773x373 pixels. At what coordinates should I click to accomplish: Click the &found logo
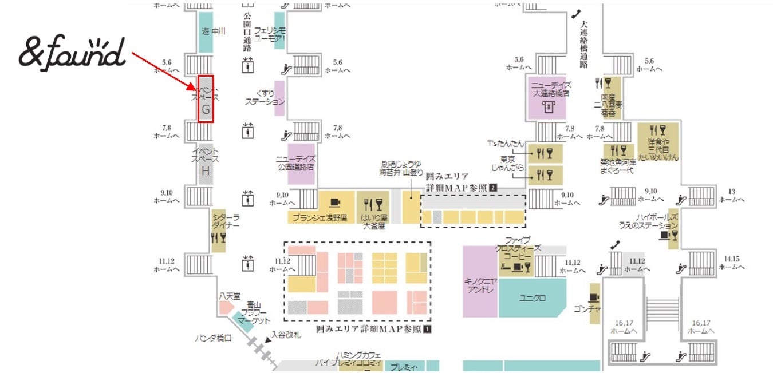[72, 53]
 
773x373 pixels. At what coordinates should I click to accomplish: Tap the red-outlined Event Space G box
[206, 98]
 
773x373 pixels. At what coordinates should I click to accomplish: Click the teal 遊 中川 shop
[206, 31]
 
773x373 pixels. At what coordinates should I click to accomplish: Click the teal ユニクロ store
[533, 298]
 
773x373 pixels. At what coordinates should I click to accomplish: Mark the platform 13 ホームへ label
[731, 195]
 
